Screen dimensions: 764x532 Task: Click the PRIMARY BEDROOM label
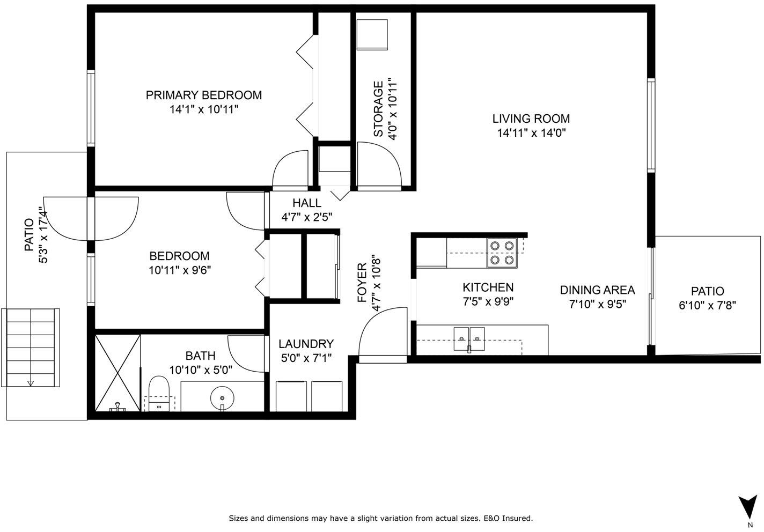[x=204, y=95]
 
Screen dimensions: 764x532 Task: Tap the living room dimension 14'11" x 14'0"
[x=531, y=132]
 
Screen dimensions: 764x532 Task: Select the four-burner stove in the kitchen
[x=502, y=253]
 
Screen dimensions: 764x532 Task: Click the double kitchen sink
[x=469, y=338]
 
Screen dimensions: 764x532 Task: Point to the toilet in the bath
[x=159, y=393]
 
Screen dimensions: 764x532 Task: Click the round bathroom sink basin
[x=222, y=398]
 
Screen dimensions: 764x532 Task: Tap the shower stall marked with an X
[x=117, y=373]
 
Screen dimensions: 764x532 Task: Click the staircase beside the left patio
[x=31, y=348]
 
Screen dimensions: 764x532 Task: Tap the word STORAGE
[x=378, y=109]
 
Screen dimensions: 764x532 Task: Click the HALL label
[x=307, y=203]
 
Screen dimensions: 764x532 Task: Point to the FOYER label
[x=362, y=283]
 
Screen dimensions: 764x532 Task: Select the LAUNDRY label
[x=306, y=344]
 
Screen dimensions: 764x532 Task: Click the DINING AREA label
[x=598, y=290]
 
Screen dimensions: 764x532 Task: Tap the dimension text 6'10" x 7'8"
[x=707, y=305]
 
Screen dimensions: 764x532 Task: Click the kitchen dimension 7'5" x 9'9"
[x=488, y=302]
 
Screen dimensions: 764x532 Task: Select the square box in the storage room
[x=372, y=34]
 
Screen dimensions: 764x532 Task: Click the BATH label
[x=200, y=356]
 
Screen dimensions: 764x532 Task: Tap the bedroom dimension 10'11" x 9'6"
[x=180, y=270]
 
